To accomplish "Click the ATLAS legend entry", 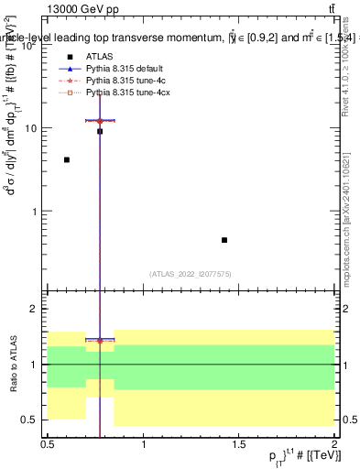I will (x=97, y=56).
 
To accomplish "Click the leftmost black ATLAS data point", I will (x=67, y=159).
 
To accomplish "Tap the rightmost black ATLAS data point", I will (x=224, y=240).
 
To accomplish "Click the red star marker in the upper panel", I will (x=100, y=120).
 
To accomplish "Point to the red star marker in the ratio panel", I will (x=100, y=340).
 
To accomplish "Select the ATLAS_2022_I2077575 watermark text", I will (x=191, y=273).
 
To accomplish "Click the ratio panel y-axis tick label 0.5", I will (x=33, y=420).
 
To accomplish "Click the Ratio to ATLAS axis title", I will (x=13, y=365).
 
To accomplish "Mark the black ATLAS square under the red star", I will (x=100, y=131).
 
